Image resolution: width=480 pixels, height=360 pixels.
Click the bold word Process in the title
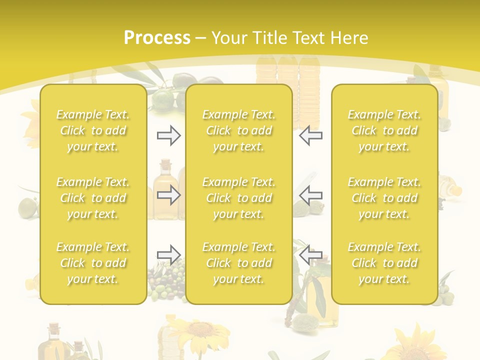(x=157, y=38)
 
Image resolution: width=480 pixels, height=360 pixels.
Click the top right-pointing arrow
(x=168, y=135)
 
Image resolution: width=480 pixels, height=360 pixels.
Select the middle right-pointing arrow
(x=168, y=195)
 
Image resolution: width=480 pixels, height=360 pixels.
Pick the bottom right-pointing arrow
(x=168, y=255)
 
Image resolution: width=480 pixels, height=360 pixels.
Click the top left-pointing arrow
(x=311, y=135)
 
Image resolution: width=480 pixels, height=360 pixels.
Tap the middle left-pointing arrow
(x=311, y=195)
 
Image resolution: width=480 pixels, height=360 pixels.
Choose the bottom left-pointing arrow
(x=311, y=255)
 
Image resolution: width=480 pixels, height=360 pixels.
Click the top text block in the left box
(x=93, y=130)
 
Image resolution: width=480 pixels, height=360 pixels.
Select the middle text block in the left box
(x=93, y=198)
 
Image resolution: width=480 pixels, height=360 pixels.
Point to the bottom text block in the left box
(x=93, y=263)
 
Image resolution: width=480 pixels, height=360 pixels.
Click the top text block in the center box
(x=238, y=130)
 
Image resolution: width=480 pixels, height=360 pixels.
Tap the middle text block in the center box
(x=238, y=198)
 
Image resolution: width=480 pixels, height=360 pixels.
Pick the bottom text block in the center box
(x=238, y=263)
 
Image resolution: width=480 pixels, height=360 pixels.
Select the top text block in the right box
(x=384, y=130)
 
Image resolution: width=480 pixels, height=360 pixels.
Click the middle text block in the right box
(x=384, y=198)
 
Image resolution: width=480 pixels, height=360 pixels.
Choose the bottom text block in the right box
(x=384, y=263)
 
